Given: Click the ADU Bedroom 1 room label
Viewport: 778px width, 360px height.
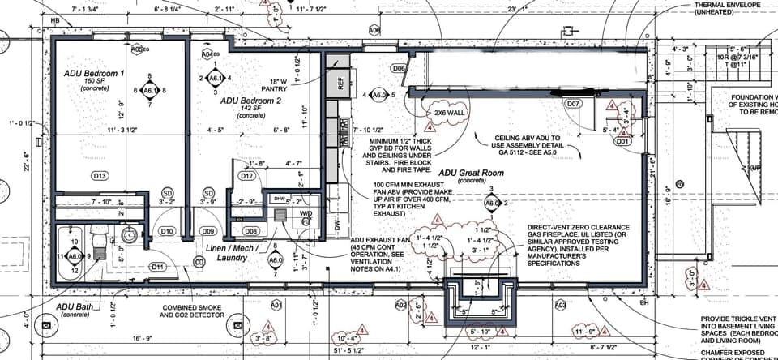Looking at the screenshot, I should (x=94, y=74).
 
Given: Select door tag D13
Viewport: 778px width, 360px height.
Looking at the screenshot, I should (x=100, y=176).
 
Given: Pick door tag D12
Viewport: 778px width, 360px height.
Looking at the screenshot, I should (x=248, y=176).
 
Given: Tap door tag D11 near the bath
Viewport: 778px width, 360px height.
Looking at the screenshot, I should (x=157, y=267).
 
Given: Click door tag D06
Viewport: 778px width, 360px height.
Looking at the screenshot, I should (x=399, y=69).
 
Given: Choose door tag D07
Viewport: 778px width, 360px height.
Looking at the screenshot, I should (x=573, y=105).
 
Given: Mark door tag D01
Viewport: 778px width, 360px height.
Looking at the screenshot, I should (x=622, y=141).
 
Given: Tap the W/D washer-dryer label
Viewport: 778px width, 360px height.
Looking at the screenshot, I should (x=306, y=214).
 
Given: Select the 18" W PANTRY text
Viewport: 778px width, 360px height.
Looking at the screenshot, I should (x=279, y=86).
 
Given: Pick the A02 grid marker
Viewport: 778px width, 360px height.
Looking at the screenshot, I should (x=400, y=305).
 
